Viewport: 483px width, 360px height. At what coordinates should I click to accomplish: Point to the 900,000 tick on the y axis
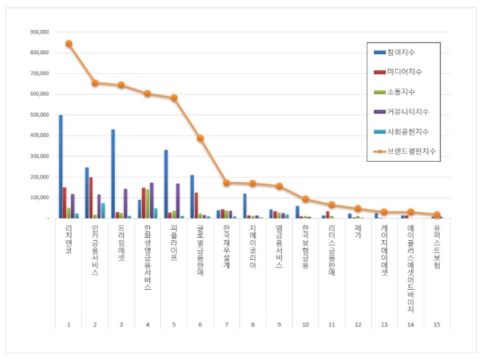tap(39, 32)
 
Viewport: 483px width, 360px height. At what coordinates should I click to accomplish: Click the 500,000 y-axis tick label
tap(39, 115)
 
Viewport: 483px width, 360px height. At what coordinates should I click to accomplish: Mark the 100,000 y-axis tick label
tap(39, 198)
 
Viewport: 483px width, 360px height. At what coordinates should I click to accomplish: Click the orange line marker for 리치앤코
tap(69, 43)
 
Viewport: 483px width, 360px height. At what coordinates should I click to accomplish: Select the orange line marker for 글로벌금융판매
tap(200, 138)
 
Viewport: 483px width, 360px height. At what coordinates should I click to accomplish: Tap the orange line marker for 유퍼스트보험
tap(437, 214)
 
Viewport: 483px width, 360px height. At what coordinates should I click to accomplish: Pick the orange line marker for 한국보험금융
tap(305, 199)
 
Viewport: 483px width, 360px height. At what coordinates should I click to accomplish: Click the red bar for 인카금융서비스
tap(91, 198)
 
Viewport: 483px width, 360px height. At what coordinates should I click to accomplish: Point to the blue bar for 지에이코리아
tap(244, 206)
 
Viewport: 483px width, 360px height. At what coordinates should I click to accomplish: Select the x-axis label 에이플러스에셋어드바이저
tap(411, 267)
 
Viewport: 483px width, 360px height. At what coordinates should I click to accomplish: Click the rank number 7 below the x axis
tap(226, 324)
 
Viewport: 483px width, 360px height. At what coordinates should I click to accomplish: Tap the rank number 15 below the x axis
tap(437, 324)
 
